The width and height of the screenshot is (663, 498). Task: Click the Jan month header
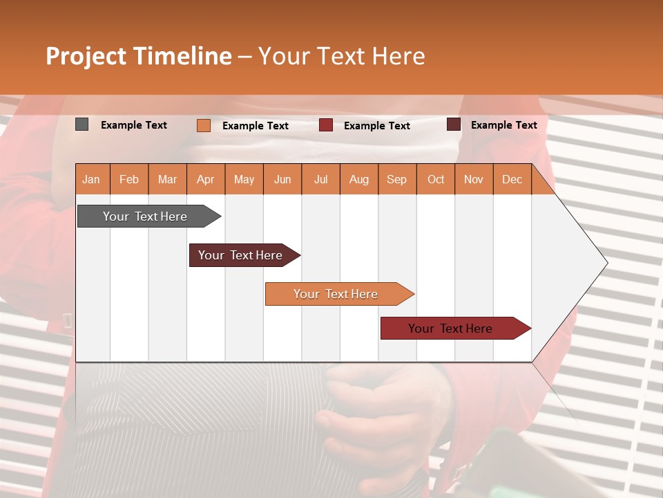[x=91, y=179]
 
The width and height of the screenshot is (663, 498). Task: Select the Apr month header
[x=205, y=179]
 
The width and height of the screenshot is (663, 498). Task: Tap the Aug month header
[x=358, y=179]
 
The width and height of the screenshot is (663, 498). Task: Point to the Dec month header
[x=512, y=179]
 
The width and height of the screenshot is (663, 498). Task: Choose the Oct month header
[x=435, y=179]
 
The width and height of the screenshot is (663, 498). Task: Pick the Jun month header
[x=282, y=179]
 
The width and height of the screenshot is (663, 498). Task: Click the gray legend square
[x=81, y=124]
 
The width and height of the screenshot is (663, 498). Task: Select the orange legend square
[x=203, y=125]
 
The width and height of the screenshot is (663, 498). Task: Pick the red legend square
[x=325, y=125]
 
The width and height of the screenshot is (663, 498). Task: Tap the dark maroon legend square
[x=453, y=124]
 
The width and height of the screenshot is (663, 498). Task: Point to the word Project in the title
[x=86, y=56]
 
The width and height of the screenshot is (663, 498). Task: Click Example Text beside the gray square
[x=134, y=125]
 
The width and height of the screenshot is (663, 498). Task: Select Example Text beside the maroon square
[x=503, y=125]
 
